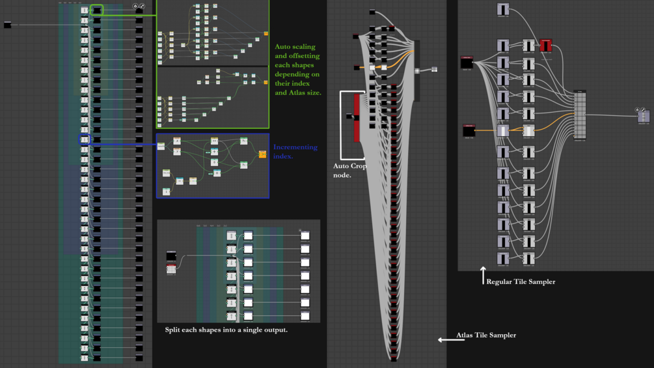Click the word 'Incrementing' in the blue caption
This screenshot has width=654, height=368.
[295, 147]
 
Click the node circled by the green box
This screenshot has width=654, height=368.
[97, 10]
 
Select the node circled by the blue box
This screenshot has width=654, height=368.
[85, 139]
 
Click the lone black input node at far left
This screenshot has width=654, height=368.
[8, 25]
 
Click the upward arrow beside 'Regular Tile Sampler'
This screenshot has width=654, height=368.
[483, 275]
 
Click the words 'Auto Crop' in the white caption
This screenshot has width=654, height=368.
[349, 166]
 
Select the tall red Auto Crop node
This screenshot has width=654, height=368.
[357, 117]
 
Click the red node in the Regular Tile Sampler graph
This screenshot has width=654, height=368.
[545, 45]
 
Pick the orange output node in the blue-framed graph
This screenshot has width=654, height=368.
[262, 154]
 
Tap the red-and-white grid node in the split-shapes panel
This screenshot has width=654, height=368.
[171, 269]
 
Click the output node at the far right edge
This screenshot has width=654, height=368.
[644, 116]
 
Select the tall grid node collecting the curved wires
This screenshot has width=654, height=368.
[580, 115]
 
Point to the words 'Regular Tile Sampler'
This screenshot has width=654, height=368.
[521, 282]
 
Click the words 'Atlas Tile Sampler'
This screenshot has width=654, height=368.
[486, 335]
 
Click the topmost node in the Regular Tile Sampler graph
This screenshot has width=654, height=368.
[504, 9]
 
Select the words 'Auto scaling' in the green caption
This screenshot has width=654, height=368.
[295, 47]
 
